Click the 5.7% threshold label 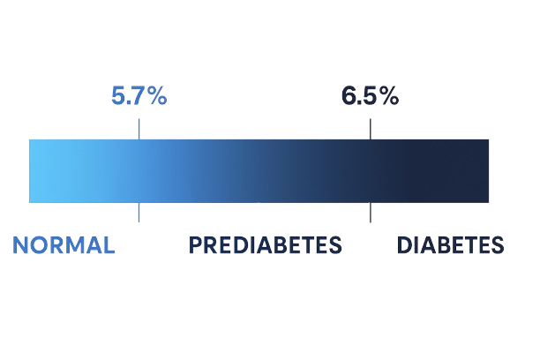pyautogui.click(x=139, y=96)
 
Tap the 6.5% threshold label pyautogui.click(x=371, y=96)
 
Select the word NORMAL pyautogui.click(x=64, y=245)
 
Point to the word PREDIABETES pyautogui.click(x=265, y=245)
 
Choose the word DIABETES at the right pyautogui.click(x=450, y=245)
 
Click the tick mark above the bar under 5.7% pyautogui.click(x=139, y=129)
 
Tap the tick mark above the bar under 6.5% pyautogui.click(x=371, y=129)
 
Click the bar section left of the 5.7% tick pyautogui.click(x=83, y=171)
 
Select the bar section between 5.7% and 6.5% pyautogui.click(x=254, y=171)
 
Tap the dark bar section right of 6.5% pyautogui.click(x=431, y=171)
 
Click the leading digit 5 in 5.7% pyautogui.click(x=118, y=96)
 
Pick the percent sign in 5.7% pyautogui.click(x=157, y=96)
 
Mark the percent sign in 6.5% pyautogui.click(x=389, y=96)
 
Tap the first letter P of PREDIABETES pyautogui.click(x=195, y=245)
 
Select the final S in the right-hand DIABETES pyautogui.click(x=498, y=245)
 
